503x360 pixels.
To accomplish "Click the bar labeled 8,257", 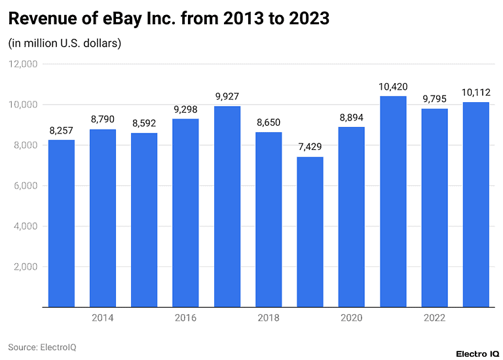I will tap(62, 223).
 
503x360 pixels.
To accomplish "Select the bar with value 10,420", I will tap(393, 201).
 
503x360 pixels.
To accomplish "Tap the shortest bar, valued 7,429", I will tap(310, 231).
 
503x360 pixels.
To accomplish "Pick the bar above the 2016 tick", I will tap(185, 212).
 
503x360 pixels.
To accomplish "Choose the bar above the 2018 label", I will tap(269, 219).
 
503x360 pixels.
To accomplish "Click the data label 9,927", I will tap(227, 97).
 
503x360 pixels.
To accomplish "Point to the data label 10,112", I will tap(475, 93).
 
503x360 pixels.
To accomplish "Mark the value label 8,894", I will tap(352, 118).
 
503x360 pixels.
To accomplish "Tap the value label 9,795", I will tap(434, 99).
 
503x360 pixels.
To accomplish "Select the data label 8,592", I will tap(144, 124).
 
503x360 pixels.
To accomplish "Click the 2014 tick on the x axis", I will tap(103, 318).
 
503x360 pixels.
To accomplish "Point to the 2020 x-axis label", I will tap(352, 318).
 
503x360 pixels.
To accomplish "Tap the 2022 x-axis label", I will tap(434, 318).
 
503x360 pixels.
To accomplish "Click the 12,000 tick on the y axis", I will tap(23, 64).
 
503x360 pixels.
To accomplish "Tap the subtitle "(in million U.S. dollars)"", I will tap(65, 44).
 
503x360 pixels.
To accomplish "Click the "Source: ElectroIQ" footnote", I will tap(42, 347).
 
